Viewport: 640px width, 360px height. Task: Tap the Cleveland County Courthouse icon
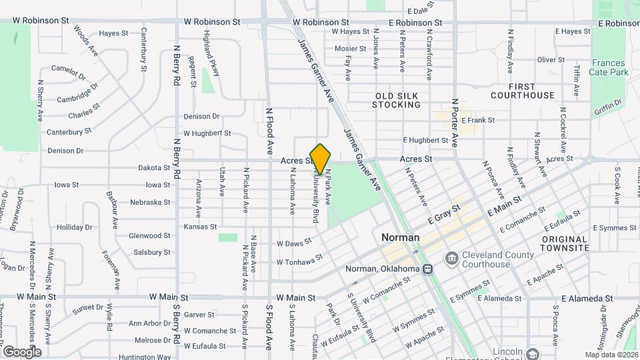click(x=451, y=258)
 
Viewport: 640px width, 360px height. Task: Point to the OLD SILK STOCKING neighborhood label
click(x=397, y=100)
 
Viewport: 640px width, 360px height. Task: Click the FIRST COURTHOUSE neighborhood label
click(x=522, y=91)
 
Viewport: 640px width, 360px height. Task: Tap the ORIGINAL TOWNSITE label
click(x=565, y=243)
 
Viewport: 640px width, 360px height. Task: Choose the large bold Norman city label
click(x=400, y=237)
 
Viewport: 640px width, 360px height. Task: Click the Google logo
click(x=21, y=351)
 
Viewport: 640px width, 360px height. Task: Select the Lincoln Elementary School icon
click(x=531, y=353)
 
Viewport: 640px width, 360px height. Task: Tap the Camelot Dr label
click(x=69, y=71)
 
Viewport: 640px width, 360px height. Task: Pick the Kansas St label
click(x=200, y=227)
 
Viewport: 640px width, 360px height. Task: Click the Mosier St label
click(x=351, y=48)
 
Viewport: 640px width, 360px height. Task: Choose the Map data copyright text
click(x=610, y=354)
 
